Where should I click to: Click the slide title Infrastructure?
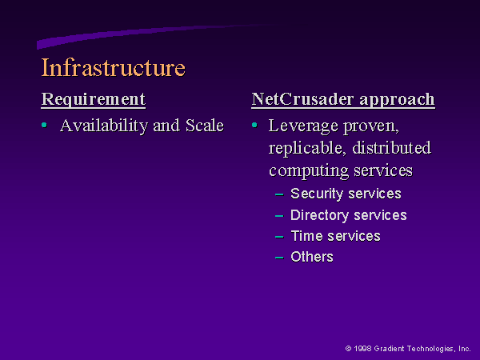114,67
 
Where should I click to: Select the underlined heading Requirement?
94,99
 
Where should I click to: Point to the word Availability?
104,126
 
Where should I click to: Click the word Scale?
205,126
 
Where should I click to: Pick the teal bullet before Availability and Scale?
44,125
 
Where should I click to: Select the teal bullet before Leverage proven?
254,125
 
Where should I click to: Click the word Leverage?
303,126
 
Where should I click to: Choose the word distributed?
391,147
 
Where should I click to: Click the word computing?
309,171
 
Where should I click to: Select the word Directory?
319,215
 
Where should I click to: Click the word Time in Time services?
306,236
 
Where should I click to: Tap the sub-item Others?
312,257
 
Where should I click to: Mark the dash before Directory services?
279,216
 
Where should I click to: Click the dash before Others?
279,258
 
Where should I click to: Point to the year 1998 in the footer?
362,348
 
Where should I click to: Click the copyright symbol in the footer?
348,348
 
